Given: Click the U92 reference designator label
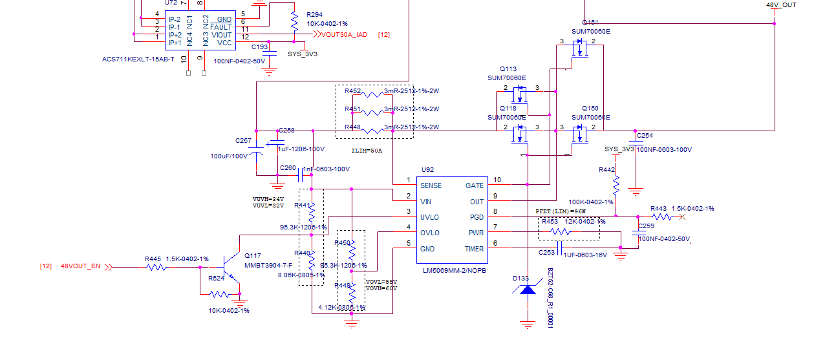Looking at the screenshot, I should [x=427, y=169].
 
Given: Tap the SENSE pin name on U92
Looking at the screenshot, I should [x=431, y=185].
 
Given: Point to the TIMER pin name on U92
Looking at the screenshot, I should [x=473, y=249].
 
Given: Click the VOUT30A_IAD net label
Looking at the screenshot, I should [x=344, y=34].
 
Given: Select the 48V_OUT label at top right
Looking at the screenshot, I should [x=781, y=5].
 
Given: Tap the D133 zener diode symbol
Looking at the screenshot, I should [x=528, y=290].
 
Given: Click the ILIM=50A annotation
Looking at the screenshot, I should [x=367, y=151].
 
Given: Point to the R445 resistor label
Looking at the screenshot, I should [x=153, y=259].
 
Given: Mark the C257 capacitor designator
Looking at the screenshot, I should [x=243, y=140].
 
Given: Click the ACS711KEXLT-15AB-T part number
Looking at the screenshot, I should [x=138, y=59].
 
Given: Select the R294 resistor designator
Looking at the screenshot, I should [x=314, y=14].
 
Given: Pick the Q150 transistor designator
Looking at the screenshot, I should [x=590, y=109].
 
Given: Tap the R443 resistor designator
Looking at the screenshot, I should [x=658, y=208].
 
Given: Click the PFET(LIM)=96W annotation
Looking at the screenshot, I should [x=561, y=211].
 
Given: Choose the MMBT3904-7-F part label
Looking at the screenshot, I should [x=268, y=265].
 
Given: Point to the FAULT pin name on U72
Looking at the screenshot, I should [x=220, y=27].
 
